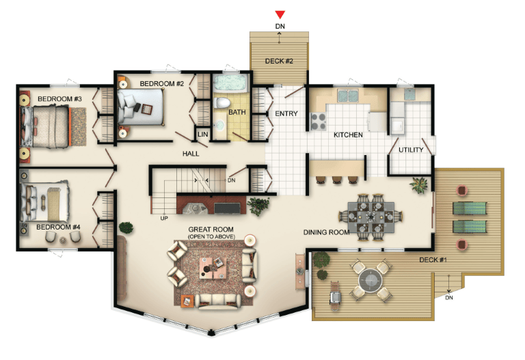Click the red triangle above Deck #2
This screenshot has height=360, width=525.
(x=280, y=14)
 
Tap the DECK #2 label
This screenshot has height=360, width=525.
(x=279, y=61)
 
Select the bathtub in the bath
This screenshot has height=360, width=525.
(x=230, y=83)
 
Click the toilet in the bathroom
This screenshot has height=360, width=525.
(x=221, y=102)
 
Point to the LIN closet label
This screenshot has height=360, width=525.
(x=202, y=135)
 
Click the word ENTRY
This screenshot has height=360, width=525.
(x=286, y=114)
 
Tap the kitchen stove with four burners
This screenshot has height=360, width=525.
(x=319, y=122)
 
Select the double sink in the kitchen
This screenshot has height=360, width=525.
(x=348, y=96)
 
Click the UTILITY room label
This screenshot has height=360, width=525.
(x=411, y=150)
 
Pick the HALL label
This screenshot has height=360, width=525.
(x=191, y=154)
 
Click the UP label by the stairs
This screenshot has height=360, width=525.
(x=164, y=218)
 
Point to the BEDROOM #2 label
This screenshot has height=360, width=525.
(x=162, y=83)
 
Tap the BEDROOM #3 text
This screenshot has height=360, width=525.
(x=59, y=99)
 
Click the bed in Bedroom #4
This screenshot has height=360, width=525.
(x=45, y=202)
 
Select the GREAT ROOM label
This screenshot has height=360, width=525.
(x=211, y=230)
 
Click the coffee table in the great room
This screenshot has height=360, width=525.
(x=213, y=268)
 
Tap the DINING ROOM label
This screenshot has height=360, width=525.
(x=327, y=232)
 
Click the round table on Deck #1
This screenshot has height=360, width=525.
(x=371, y=280)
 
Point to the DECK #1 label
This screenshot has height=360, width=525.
(x=433, y=260)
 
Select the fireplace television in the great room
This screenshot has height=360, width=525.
(x=227, y=208)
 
